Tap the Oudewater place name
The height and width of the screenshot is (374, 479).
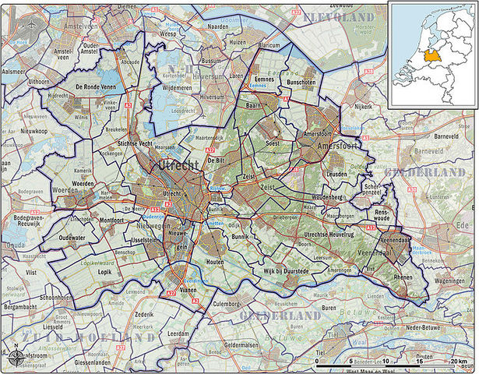72,238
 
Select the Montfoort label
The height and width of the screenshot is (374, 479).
111,221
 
